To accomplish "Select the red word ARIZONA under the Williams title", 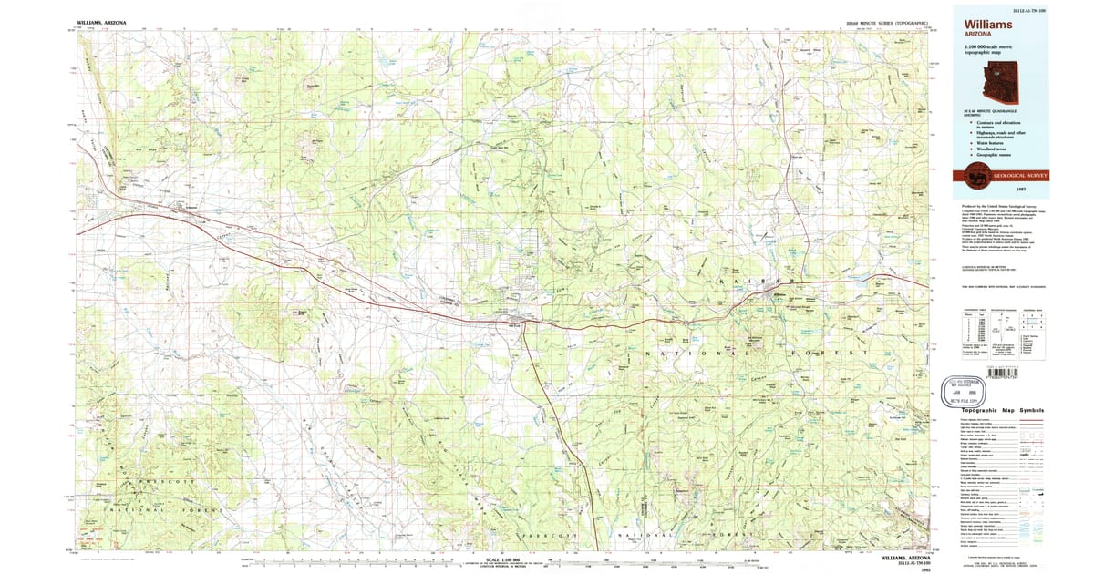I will pos(975,36).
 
